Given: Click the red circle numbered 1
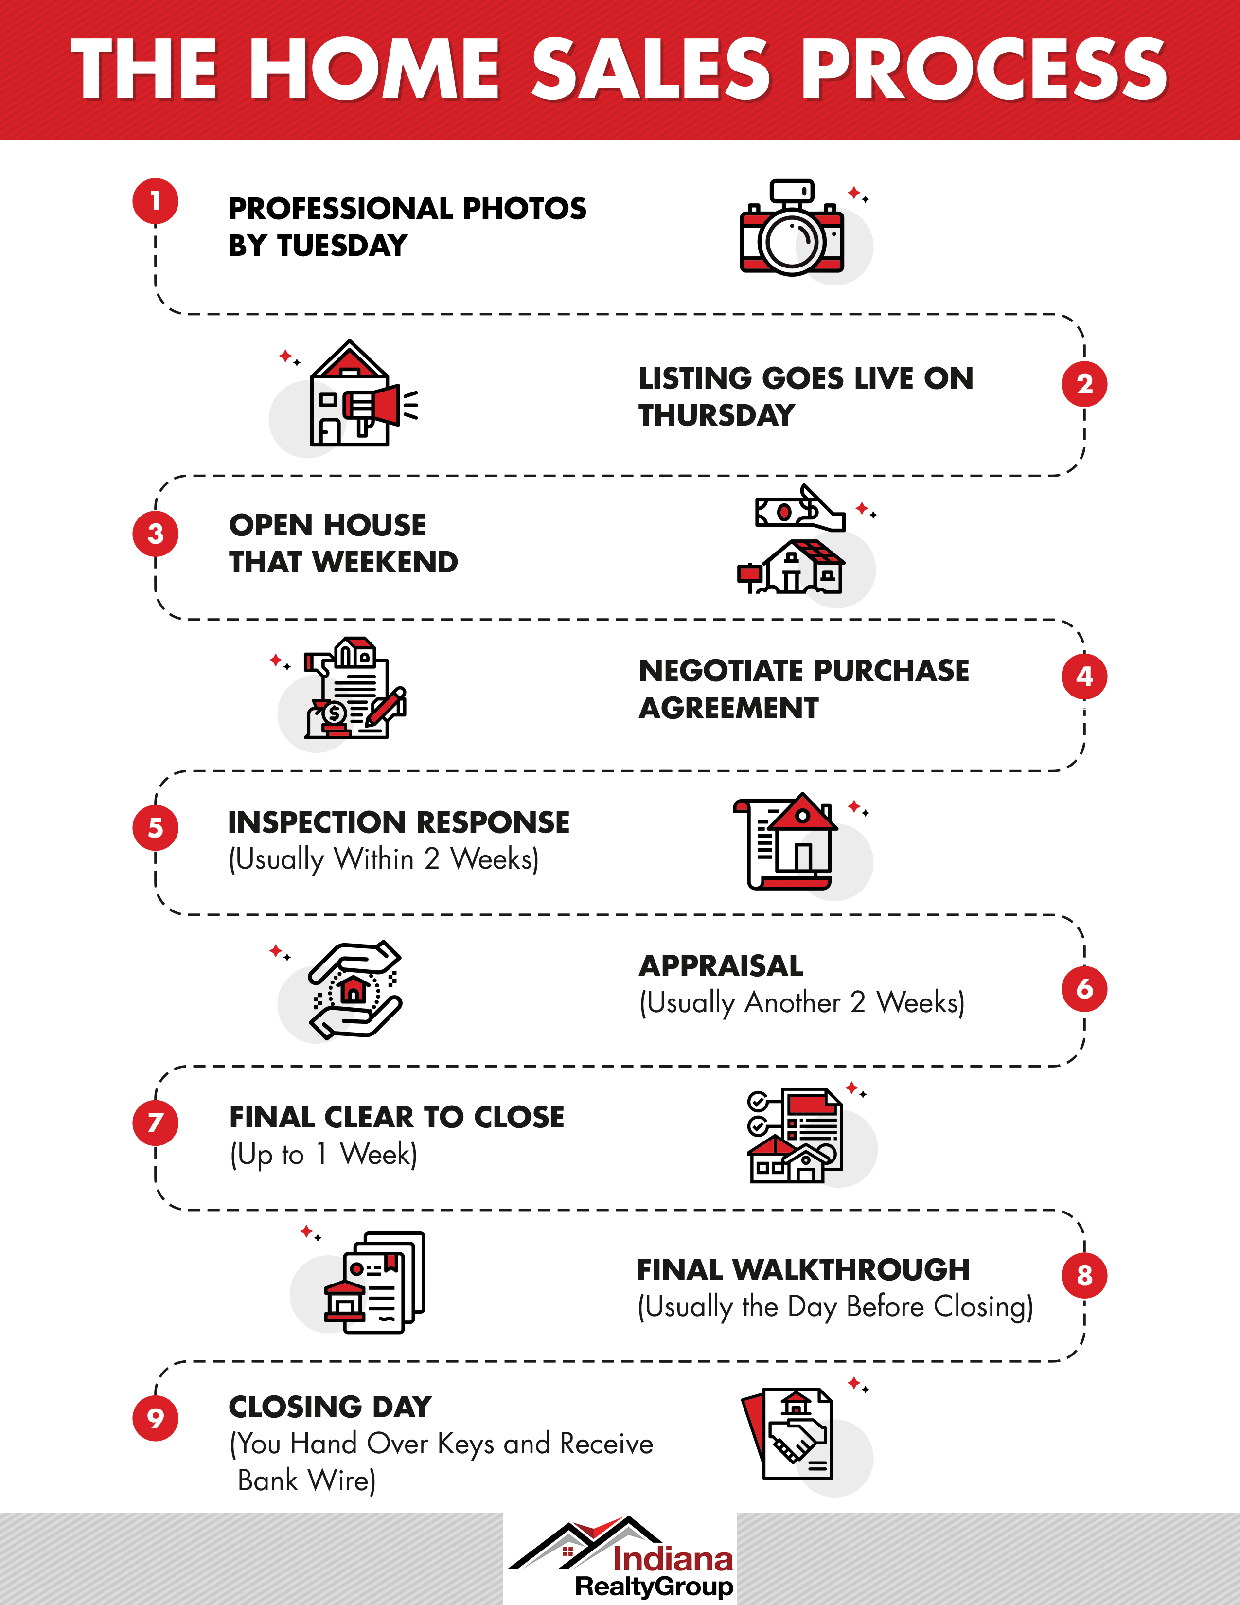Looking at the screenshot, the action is click(155, 200).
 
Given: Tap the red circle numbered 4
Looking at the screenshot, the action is click(1084, 676).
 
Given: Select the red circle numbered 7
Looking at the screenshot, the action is click(155, 1123).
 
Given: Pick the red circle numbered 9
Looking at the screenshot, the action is click(155, 1418).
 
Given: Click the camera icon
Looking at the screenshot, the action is click(792, 227).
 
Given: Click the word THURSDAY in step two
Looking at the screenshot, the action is click(716, 415).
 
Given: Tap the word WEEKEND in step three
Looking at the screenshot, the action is click(385, 562).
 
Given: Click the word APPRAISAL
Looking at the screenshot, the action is click(721, 965).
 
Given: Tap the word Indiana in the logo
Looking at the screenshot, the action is click(673, 1559).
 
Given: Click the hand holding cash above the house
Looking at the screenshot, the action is click(801, 508).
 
